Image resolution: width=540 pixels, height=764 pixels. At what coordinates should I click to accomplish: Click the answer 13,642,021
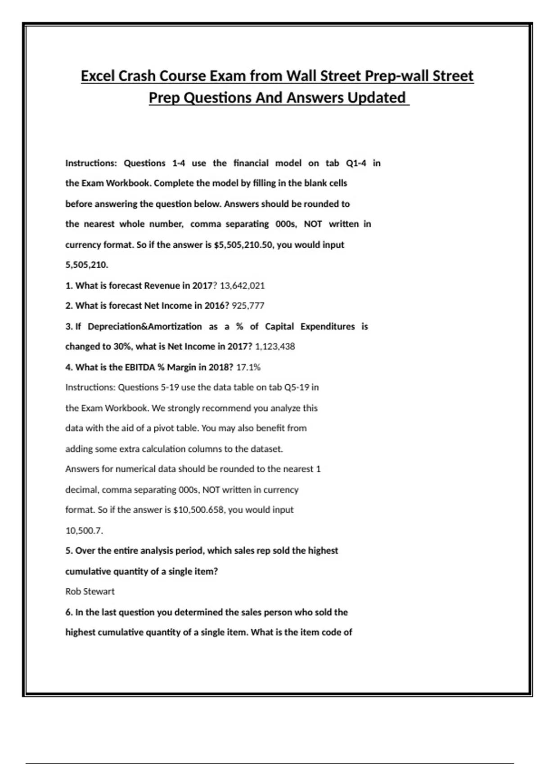pos(242,285)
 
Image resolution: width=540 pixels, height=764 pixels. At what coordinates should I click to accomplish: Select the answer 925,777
pos(248,306)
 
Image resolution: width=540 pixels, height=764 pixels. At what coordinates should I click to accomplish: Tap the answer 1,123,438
pos(275,346)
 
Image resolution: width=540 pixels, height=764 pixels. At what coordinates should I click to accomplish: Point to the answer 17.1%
pos(248,367)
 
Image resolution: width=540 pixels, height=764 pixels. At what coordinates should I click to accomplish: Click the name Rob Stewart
pos(90,591)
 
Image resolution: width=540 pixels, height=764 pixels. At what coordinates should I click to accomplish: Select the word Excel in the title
pos(98,76)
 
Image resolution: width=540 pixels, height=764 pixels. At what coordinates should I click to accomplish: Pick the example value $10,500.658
pos(199,510)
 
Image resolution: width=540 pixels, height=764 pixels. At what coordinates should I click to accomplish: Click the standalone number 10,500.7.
pos(84,531)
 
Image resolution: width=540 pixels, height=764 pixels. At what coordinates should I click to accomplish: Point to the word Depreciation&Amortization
pos(144,326)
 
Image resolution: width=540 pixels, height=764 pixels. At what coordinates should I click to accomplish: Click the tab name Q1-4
pos(356,163)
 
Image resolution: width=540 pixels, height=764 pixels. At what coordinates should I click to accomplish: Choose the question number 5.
pos(68,551)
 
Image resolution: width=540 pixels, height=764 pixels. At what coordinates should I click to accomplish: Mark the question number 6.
pos(68,612)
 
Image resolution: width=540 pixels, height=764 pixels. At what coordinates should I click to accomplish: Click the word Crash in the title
pos(137,76)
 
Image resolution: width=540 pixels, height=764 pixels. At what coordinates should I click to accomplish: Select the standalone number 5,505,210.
pos(86,265)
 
